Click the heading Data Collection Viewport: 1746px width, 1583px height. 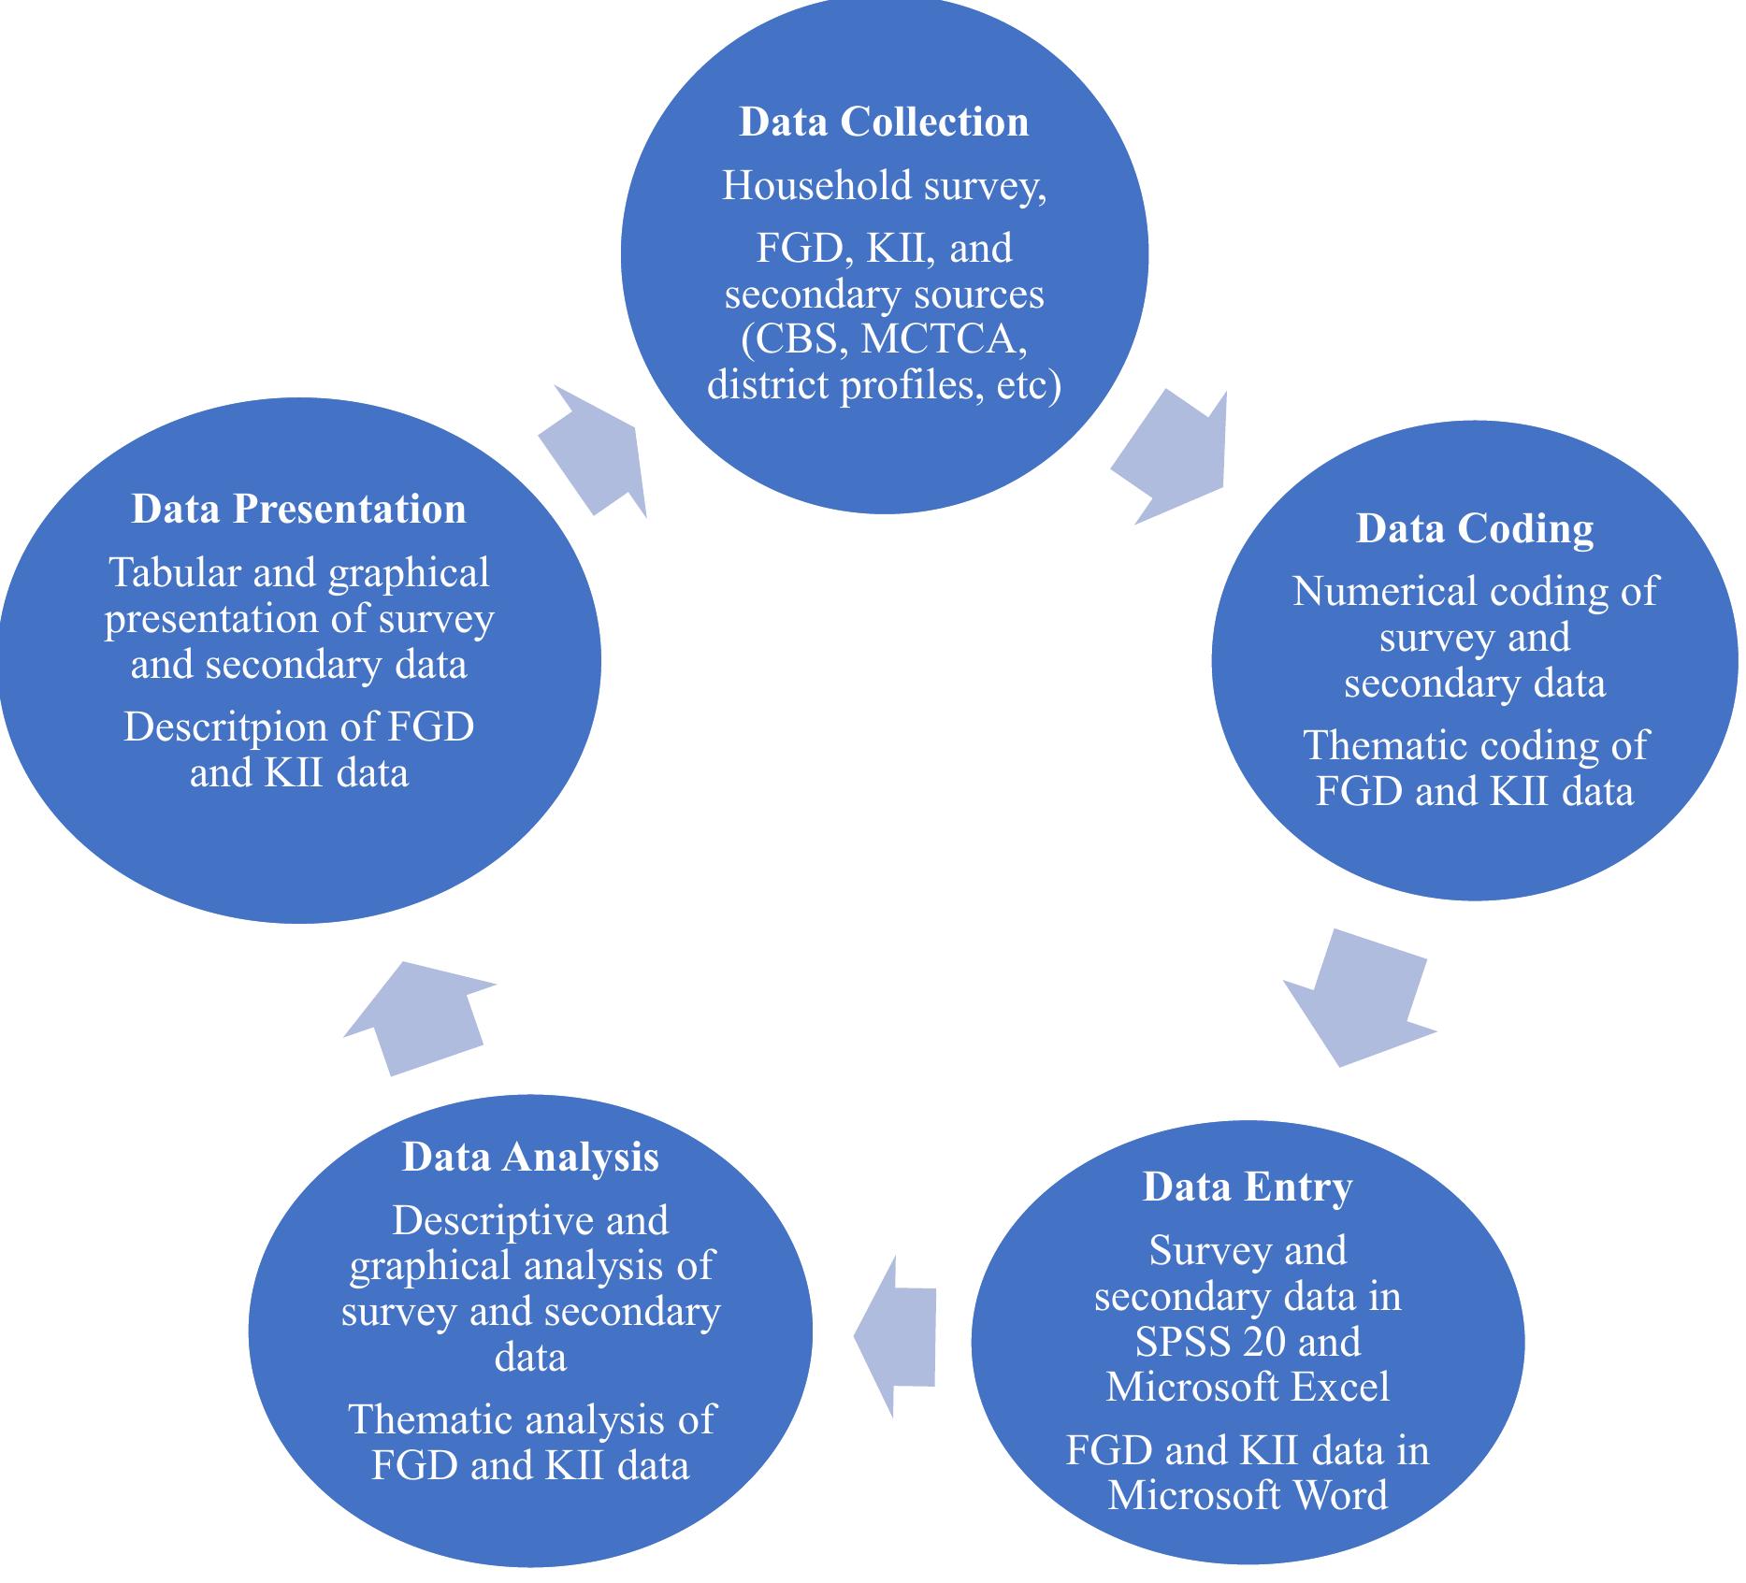point(883,122)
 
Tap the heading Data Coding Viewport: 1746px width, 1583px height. point(1475,529)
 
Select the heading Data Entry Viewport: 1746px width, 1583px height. point(1248,1187)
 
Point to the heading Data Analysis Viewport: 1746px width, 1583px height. point(530,1158)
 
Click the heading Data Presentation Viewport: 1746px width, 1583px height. point(298,510)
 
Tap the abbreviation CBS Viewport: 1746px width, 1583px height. point(797,339)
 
